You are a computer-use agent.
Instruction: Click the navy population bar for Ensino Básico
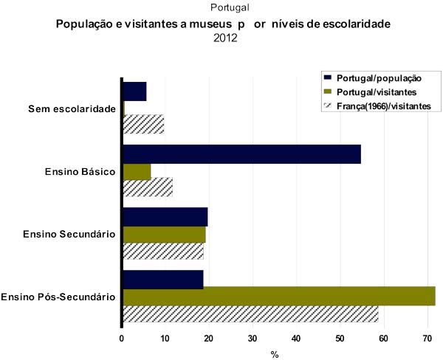(241, 154)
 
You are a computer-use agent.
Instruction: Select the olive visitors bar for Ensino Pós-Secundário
(278, 296)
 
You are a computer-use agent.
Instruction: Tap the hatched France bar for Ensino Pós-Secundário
(250, 314)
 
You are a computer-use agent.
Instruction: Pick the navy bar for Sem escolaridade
(134, 91)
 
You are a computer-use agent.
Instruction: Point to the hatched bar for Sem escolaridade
(143, 125)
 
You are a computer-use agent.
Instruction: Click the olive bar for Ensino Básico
(137, 172)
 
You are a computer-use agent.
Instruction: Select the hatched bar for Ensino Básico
(147, 187)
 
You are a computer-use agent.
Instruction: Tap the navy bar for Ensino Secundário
(165, 217)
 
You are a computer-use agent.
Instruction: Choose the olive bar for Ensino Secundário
(164, 235)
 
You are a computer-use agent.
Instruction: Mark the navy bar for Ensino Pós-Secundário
(162, 280)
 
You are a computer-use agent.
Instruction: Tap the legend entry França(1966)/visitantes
(383, 106)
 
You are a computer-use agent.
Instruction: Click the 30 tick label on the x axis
(253, 339)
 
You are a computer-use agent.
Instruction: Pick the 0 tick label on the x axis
(122, 339)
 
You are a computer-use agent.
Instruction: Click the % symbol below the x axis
(274, 354)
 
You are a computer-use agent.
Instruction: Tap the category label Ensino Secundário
(69, 235)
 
